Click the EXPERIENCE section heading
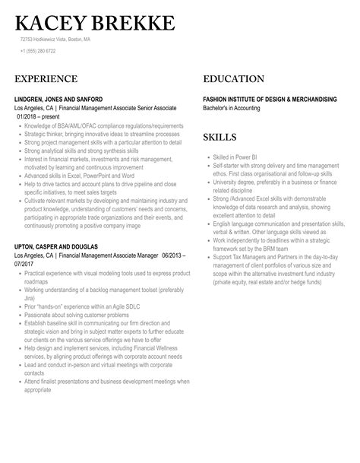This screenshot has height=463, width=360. [46, 79]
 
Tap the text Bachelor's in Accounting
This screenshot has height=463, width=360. [236, 107]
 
